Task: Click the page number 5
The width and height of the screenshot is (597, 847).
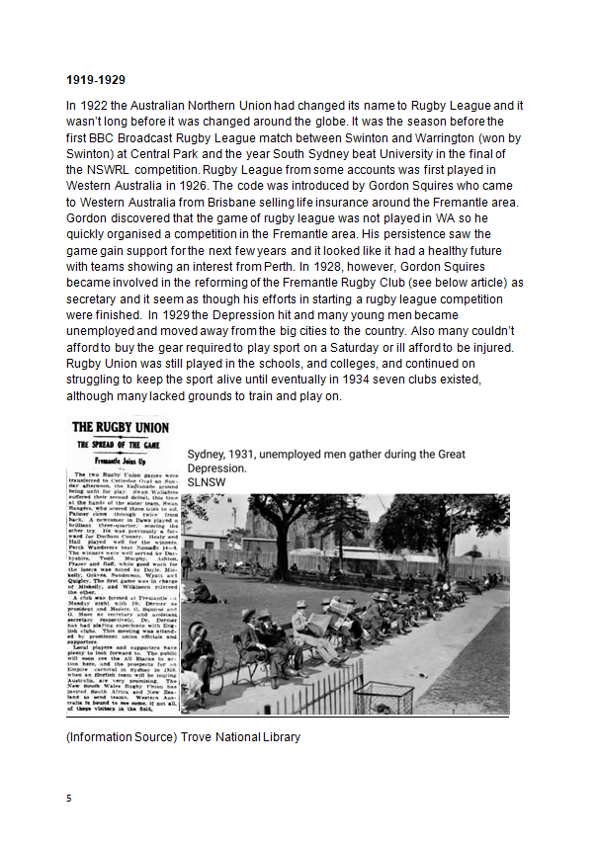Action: (69, 797)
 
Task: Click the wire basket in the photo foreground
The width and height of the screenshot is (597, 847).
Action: (380, 696)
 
